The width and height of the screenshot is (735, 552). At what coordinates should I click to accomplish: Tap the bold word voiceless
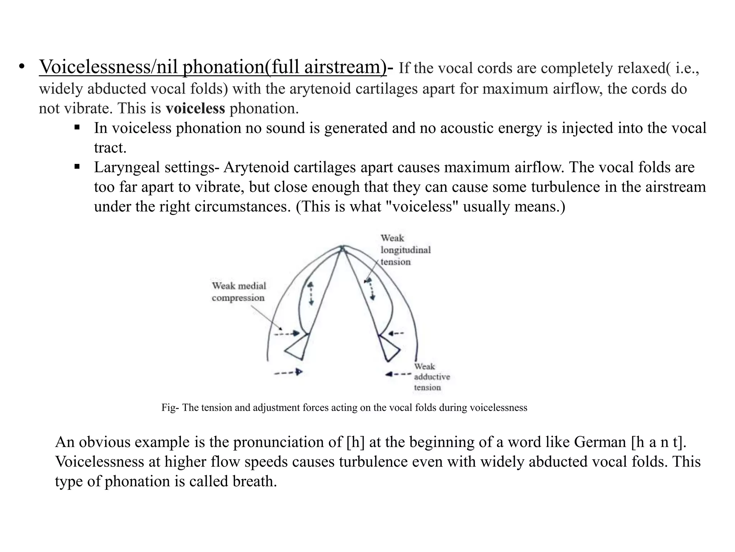195,108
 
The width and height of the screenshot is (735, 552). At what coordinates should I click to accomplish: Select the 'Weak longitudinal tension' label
405,250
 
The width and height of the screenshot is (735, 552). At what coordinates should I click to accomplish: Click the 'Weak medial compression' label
239,292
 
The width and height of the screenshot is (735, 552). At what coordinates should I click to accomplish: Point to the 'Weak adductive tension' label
431,377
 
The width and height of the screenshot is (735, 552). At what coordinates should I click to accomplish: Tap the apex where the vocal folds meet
342,248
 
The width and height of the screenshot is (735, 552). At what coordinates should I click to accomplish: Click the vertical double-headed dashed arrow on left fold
311,293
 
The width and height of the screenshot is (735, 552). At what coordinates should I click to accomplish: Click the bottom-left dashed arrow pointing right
288,372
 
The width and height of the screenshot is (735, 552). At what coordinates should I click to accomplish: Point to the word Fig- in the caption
170,408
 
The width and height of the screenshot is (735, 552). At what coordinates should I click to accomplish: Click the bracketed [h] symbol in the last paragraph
356,442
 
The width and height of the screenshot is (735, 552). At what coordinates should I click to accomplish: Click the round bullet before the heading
22,67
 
